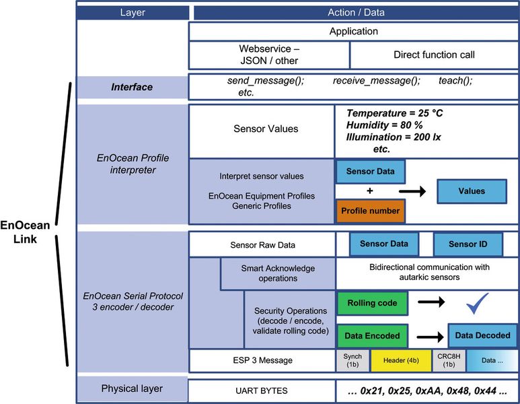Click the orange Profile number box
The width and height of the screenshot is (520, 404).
tap(370, 211)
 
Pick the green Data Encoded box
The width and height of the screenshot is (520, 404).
tap(372, 335)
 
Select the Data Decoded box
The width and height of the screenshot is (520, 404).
tap(482, 335)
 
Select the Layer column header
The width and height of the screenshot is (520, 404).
tap(132, 12)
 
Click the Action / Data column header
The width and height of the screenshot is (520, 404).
tap(356, 12)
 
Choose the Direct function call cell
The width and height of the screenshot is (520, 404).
tap(435, 55)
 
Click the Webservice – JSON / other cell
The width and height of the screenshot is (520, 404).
tap(268, 55)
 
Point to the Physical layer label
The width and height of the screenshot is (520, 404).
tap(132, 389)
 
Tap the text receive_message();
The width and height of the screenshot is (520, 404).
tap(377, 80)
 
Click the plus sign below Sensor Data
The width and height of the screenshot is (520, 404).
tap(369, 191)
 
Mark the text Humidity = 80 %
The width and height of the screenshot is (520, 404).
tap(384, 125)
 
